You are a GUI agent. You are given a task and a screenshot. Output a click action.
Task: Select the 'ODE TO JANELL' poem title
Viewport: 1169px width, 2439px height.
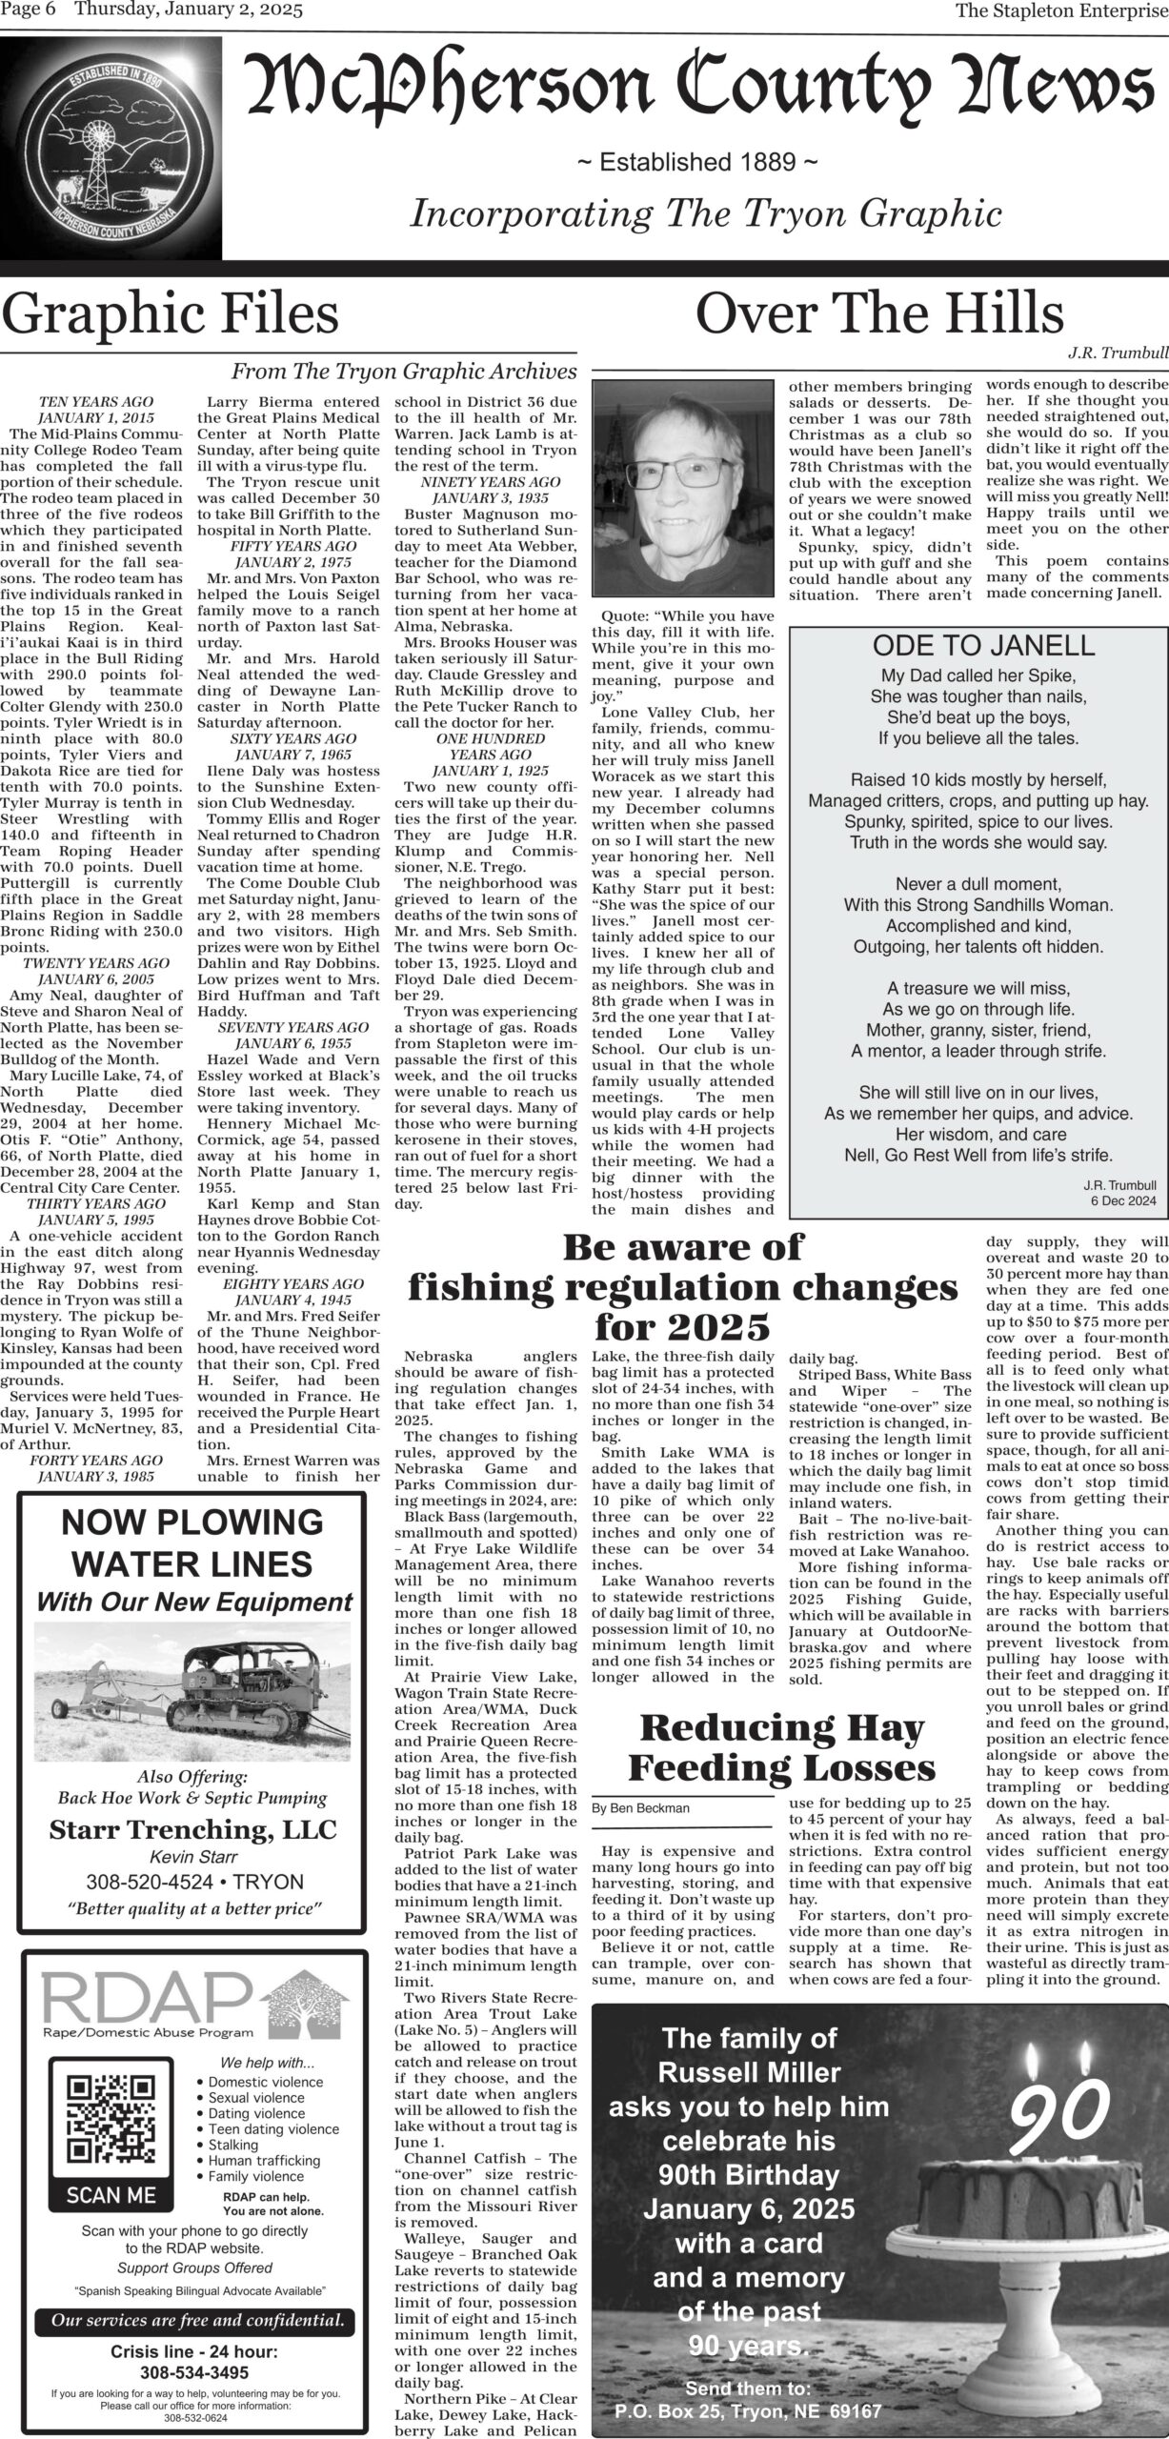tap(978, 645)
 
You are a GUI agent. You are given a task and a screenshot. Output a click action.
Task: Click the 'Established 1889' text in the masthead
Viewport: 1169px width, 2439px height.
tap(697, 163)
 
